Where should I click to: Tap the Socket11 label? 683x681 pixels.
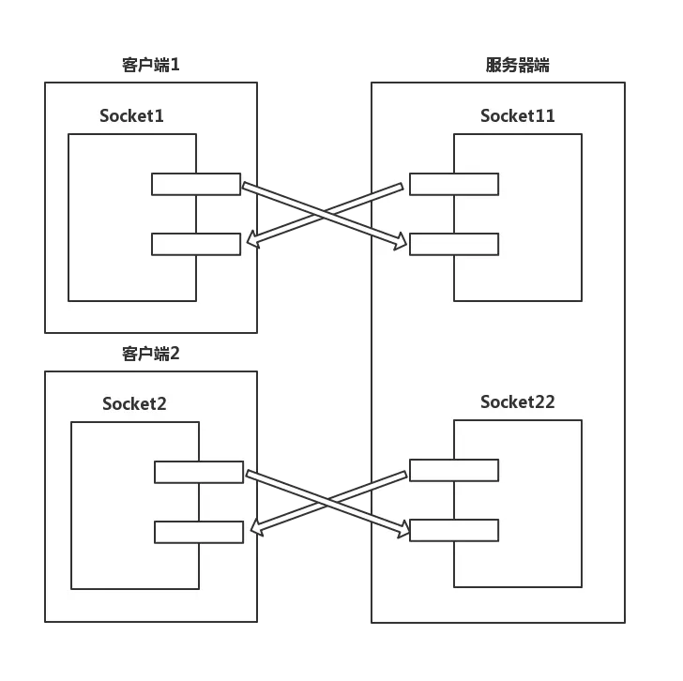coord(517,116)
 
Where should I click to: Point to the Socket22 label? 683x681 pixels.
coord(517,402)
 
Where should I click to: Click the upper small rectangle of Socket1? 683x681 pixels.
coord(195,185)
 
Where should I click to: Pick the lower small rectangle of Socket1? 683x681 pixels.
coord(195,245)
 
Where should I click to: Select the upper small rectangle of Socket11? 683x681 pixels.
coord(454,185)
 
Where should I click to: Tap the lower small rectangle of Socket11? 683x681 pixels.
coord(454,245)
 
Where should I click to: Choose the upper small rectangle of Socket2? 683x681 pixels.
coord(198,473)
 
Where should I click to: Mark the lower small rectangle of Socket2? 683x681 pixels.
coord(198,533)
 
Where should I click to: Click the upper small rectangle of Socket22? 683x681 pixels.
coord(454,470)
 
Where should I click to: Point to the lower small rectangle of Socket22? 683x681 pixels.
coord(454,531)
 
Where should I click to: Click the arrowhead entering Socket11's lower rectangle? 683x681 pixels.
coord(401,244)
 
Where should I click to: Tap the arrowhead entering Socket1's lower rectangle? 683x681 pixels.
coord(250,243)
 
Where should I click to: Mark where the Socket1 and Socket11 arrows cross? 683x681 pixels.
coord(325,215)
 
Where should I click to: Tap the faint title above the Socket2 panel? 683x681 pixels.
coord(150,354)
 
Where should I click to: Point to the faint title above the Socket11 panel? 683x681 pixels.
coord(517,66)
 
